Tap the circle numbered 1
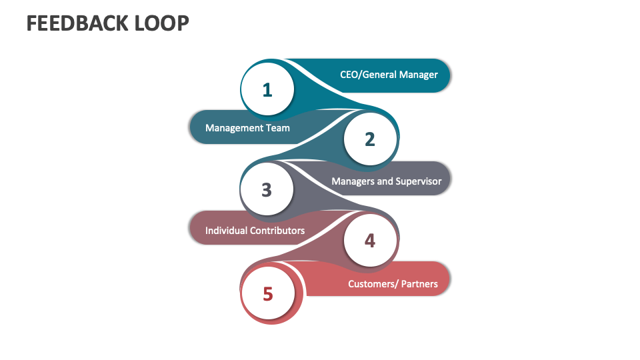[x=267, y=89]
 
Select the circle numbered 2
[x=370, y=139]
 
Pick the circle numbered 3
[x=267, y=189]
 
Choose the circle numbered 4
[x=370, y=240]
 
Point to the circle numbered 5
[x=267, y=293]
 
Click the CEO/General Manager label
[x=389, y=75]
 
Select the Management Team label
[x=247, y=127]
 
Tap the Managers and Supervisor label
[x=387, y=181]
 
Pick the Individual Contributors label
[x=255, y=231]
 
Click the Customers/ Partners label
[x=393, y=284]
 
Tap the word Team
[x=278, y=127]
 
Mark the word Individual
[x=226, y=231]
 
